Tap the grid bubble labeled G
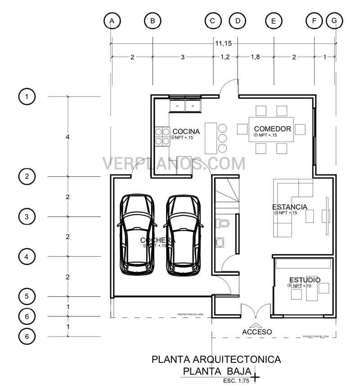click(x=334, y=21)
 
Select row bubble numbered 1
click(x=27, y=97)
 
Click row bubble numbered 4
click(x=27, y=257)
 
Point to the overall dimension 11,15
click(x=223, y=44)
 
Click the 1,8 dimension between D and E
click(x=255, y=57)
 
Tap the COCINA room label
click(x=186, y=131)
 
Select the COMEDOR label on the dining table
click(x=272, y=129)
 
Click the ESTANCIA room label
click(x=290, y=207)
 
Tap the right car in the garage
click(x=183, y=235)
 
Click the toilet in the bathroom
click(x=223, y=223)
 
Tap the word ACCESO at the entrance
click(x=257, y=332)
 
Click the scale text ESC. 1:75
click(x=236, y=381)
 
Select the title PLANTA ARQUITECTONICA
click(x=216, y=360)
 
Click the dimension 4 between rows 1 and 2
click(x=68, y=137)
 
